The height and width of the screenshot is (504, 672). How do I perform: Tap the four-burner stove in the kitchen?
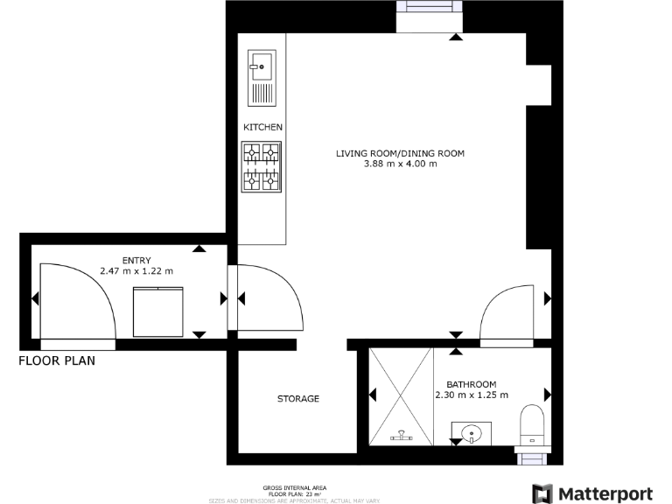[x=262, y=167]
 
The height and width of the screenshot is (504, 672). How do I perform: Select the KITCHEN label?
[x=262, y=128]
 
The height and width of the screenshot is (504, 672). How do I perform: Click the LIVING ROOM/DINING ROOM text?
[x=400, y=153]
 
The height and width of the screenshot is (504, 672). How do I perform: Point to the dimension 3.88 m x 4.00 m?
[x=400, y=164]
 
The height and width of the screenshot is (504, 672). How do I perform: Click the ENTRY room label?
[x=136, y=260]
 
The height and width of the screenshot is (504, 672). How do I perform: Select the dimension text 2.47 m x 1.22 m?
[x=136, y=271]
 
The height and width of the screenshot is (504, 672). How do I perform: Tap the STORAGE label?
[x=298, y=399]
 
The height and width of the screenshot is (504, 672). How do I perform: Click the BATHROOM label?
[x=471, y=384]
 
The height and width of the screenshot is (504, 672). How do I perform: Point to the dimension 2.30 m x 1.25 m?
[x=471, y=395]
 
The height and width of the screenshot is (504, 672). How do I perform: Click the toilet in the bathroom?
[x=531, y=423]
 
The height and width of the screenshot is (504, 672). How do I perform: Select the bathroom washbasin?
[x=472, y=431]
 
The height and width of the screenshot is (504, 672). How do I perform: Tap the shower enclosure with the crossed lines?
[x=401, y=395]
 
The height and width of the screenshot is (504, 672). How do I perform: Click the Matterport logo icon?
[x=542, y=493]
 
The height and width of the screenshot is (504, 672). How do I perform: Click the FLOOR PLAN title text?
[x=57, y=360]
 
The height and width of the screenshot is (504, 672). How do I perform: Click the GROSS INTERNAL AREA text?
[x=295, y=487]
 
